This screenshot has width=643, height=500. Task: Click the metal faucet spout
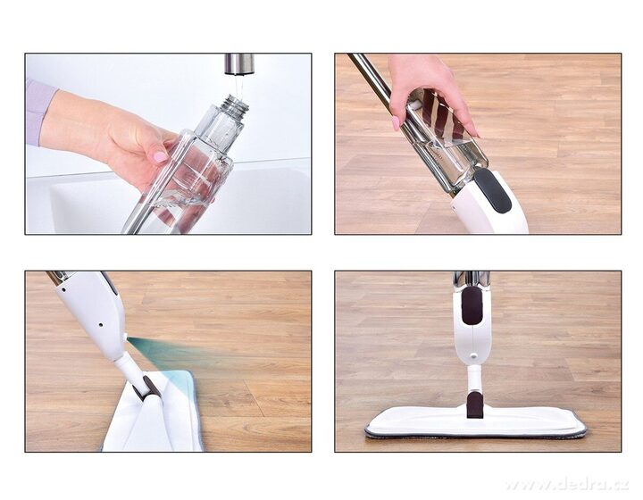239,65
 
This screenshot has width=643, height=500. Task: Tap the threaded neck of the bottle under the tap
235,105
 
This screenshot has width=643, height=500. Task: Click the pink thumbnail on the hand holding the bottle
161,156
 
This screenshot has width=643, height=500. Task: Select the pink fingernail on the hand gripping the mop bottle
396,123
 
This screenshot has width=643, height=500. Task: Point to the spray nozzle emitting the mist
125,337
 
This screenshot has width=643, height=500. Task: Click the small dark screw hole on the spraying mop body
100,325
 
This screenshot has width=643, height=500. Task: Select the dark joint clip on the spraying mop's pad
146,387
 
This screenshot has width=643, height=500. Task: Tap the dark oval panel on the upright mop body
472,305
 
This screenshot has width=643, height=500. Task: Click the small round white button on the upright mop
473,356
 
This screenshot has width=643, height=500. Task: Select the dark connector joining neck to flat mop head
475,405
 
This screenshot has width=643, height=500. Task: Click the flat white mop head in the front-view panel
476,422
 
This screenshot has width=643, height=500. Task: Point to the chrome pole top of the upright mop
472,280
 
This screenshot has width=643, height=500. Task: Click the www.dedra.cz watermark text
567,485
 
